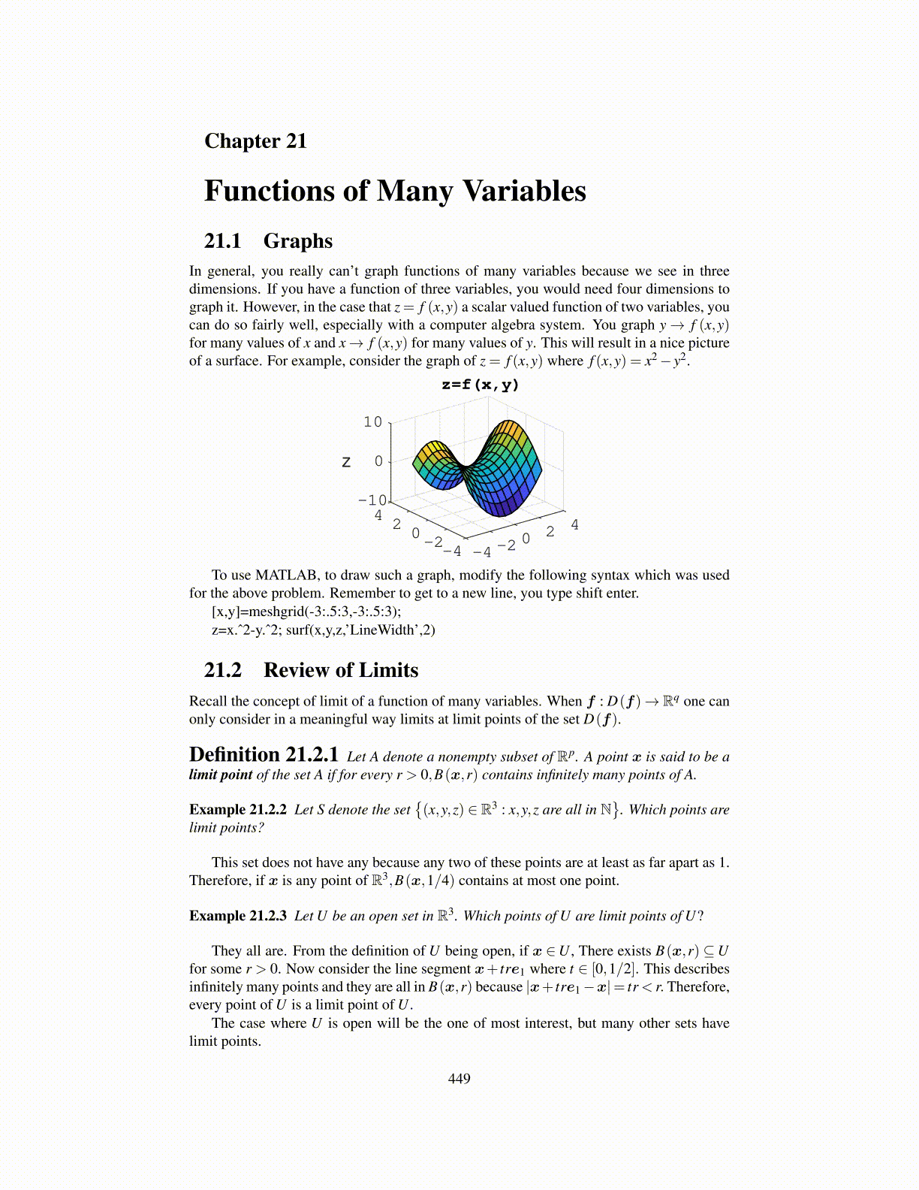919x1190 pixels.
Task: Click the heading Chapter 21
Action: (x=255, y=141)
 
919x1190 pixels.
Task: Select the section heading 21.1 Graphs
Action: (x=268, y=241)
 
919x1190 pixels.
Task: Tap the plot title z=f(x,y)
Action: (x=481, y=385)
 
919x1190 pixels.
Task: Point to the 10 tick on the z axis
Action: (x=373, y=422)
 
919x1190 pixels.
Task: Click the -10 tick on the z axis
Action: (x=372, y=500)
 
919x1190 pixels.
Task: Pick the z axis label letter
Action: (x=346, y=462)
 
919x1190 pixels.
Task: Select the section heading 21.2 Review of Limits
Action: (x=311, y=670)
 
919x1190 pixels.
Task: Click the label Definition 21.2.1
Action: (x=264, y=755)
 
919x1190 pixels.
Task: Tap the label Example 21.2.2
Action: (x=238, y=810)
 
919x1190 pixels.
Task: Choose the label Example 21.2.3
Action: (x=238, y=916)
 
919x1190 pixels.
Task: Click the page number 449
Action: (x=459, y=1079)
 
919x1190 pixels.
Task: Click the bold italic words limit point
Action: (x=221, y=775)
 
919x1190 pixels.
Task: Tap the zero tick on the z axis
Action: (x=379, y=461)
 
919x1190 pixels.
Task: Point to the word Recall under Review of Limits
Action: (x=208, y=702)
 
